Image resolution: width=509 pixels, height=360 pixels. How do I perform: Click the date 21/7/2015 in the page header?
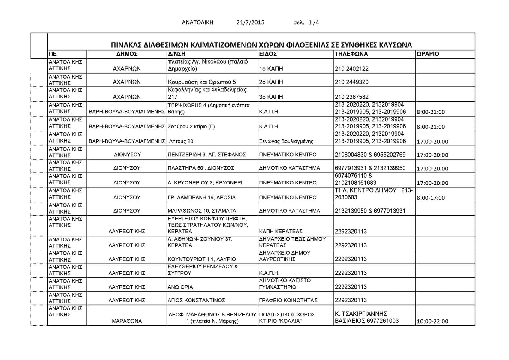pyautogui.click(x=250, y=22)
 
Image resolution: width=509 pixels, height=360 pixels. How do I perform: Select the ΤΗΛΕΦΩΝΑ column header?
pyautogui.click(x=351, y=54)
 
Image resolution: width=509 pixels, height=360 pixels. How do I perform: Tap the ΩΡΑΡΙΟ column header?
pyautogui.click(x=428, y=54)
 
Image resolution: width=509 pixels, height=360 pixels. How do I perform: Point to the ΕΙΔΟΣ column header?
pyautogui.click(x=268, y=54)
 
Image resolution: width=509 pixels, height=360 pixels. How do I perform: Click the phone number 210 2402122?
pyautogui.click(x=351, y=69)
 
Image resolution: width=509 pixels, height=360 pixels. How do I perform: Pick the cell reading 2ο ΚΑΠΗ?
pyautogui.click(x=271, y=82)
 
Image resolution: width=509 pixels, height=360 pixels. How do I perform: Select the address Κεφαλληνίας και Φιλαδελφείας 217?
pyautogui.click(x=207, y=93)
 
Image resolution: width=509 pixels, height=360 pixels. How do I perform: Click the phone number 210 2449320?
pyautogui.click(x=351, y=82)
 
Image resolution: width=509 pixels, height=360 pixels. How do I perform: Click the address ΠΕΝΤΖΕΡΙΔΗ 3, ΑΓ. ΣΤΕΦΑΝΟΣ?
pyautogui.click(x=207, y=154)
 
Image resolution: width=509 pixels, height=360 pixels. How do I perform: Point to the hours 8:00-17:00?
pyautogui.click(x=431, y=198)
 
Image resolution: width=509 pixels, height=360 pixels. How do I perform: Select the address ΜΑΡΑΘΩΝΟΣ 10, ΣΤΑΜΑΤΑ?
pyautogui.click(x=202, y=211)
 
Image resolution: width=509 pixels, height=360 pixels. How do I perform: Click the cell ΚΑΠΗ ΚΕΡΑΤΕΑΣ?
pyautogui.click(x=281, y=231)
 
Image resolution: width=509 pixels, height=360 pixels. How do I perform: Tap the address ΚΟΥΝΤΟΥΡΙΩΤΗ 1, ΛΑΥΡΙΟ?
pyautogui.click(x=202, y=259)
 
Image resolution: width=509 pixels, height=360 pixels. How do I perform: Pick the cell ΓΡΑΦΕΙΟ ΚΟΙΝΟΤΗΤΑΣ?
pyautogui.click(x=288, y=300)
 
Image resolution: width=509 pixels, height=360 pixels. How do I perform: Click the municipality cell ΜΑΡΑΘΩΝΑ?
pyautogui.click(x=127, y=321)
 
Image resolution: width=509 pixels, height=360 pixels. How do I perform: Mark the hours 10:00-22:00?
pyautogui.click(x=432, y=321)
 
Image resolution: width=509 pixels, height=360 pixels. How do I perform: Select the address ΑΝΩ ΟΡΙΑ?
pyautogui.click(x=180, y=287)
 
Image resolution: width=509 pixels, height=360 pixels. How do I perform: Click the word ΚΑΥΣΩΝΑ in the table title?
pyautogui.click(x=394, y=45)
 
